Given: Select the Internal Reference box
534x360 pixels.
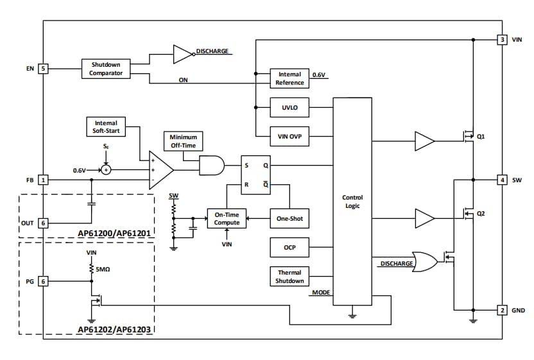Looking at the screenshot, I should (289, 78).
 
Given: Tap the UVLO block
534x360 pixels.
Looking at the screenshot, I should (289, 108).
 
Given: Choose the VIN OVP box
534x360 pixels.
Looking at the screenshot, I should (289, 137).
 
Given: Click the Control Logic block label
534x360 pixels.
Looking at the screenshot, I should (352, 201).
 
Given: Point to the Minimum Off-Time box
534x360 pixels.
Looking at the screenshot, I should (184, 141).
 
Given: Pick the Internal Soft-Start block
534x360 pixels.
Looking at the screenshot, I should (106, 126).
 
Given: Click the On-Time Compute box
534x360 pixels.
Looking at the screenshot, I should (227, 219).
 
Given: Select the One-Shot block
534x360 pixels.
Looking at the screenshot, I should (289, 219).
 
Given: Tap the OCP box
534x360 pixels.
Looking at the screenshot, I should (289, 247).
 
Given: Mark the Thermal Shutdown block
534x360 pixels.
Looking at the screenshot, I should (289, 277).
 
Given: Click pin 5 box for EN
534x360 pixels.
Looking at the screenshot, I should (43, 68).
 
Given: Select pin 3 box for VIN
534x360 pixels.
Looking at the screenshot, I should (503, 40).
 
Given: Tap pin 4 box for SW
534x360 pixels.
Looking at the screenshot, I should (503, 180).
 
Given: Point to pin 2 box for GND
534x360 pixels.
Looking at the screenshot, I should (503, 311).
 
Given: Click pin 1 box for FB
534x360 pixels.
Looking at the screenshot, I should (43, 180).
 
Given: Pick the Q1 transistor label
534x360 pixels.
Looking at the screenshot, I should (481, 137).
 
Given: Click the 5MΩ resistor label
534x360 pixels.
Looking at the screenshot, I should (103, 270).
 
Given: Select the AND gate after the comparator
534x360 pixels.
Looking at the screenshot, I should (212, 166).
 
